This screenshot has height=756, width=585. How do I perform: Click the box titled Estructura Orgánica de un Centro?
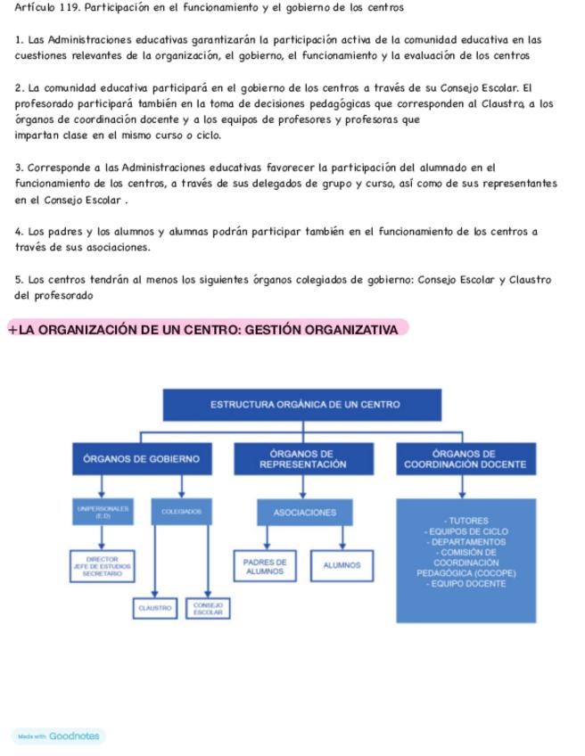coord(305,404)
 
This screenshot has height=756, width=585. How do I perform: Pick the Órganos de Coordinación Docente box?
coord(465,459)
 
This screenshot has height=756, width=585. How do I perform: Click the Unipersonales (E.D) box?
coord(103,512)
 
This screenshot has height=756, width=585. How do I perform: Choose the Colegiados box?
coord(181,512)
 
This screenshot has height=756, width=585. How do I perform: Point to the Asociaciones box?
coord(304,513)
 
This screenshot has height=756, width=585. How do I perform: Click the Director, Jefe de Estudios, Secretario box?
coord(103,565)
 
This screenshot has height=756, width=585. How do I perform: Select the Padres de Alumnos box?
coord(265,565)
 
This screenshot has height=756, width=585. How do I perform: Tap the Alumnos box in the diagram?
coord(342,565)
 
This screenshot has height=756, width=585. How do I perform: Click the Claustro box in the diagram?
coord(154,608)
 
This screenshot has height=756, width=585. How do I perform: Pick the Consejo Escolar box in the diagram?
coord(208,608)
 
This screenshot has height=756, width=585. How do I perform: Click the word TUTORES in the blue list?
coord(467,521)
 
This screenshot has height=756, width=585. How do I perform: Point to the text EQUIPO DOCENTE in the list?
coord(467,584)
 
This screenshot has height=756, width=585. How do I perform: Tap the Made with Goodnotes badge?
coord(58,736)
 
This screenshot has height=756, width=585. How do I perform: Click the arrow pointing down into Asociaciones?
coord(304,491)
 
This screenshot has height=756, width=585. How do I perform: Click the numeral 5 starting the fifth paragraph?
coord(19,280)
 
